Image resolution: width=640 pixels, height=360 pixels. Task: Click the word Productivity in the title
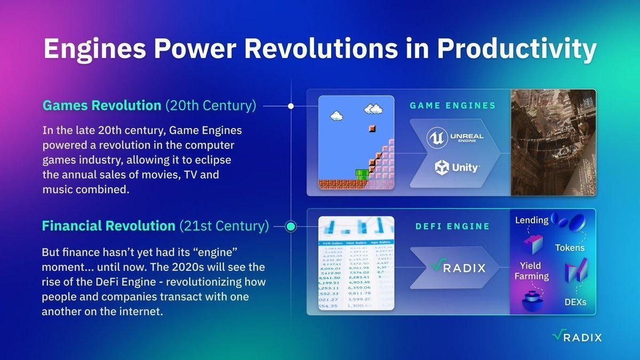pyautogui.click(x=516, y=50)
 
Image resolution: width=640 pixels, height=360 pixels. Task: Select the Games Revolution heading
pyautogui.click(x=102, y=106)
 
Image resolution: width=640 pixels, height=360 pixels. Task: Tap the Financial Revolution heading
pyautogui.click(x=109, y=226)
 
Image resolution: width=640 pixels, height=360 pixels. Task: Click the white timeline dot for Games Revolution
pyautogui.click(x=291, y=106)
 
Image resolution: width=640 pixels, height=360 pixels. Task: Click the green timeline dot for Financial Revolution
pyautogui.click(x=291, y=227)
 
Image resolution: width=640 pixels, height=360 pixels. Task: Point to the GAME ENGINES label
pyautogui.click(x=452, y=106)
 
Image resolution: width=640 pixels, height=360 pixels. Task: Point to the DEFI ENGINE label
pyautogui.click(x=452, y=226)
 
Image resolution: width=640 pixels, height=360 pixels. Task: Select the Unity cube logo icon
pyautogui.click(x=442, y=168)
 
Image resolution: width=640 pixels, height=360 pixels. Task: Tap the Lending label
pyautogui.click(x=532, y=220)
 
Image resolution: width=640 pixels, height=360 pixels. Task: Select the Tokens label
pyautogui.click(x=570, y=247)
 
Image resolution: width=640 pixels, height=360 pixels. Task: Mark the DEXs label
pyautogui.click(x=575, y=302)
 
